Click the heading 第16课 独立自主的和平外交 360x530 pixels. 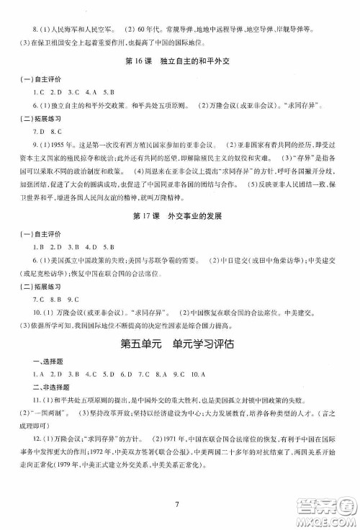179,78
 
